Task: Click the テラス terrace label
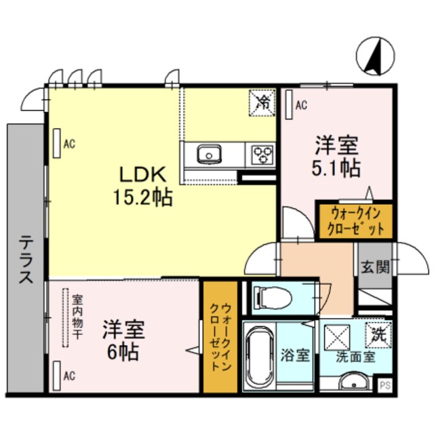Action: (26, 258)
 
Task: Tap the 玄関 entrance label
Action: (374, 267)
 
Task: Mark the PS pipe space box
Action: (384, 386)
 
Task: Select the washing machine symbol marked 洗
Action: (377, 334)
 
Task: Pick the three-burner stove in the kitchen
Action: (261, 155)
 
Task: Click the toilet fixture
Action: (271, 296)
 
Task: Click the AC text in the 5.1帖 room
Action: (301, 105)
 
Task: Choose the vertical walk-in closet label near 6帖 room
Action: (219, 335)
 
